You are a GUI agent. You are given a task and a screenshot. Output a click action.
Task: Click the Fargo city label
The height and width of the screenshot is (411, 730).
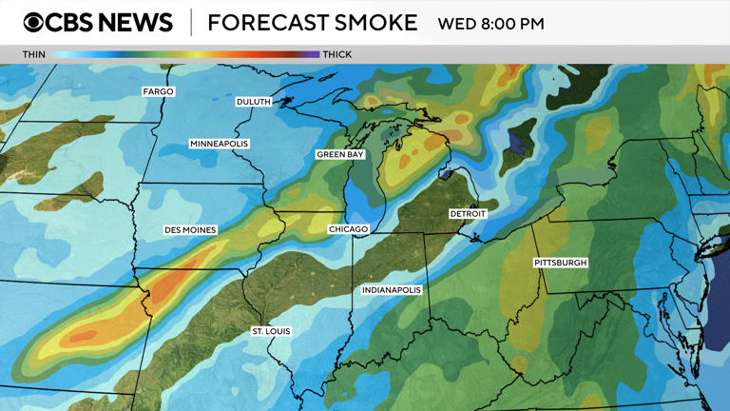point(158,91)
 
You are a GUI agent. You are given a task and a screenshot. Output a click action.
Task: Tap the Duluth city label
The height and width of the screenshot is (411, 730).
point(254,102)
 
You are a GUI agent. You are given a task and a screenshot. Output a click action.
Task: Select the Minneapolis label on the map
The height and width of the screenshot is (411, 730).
point(219,144)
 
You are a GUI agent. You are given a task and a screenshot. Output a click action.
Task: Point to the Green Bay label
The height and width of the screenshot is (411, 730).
point(340,154)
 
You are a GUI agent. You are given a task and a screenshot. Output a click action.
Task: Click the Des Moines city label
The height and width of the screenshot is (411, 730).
point(190,230)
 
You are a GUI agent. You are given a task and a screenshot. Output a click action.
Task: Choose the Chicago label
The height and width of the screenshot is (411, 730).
point(348,230)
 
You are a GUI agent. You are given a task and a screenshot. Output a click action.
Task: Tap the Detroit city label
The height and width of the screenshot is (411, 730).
point(468,214)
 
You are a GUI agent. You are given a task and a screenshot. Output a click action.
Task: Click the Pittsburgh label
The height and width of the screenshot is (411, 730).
point(561,263)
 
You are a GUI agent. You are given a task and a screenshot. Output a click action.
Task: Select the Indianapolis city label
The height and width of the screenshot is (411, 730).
point(391,290)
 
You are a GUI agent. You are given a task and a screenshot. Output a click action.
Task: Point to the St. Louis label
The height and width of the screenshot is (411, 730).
point(271,331)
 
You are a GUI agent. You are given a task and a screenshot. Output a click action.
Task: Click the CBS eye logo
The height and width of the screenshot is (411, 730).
point(33,23)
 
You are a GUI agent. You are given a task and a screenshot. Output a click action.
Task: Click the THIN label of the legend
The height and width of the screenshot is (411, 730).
point(33,54)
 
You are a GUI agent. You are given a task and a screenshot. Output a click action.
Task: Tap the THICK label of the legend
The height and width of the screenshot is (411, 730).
point(337,54)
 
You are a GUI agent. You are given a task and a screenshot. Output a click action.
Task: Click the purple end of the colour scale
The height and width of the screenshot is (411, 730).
point(313,54)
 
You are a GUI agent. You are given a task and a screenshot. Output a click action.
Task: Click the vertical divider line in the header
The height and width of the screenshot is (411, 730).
point(191,23)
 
